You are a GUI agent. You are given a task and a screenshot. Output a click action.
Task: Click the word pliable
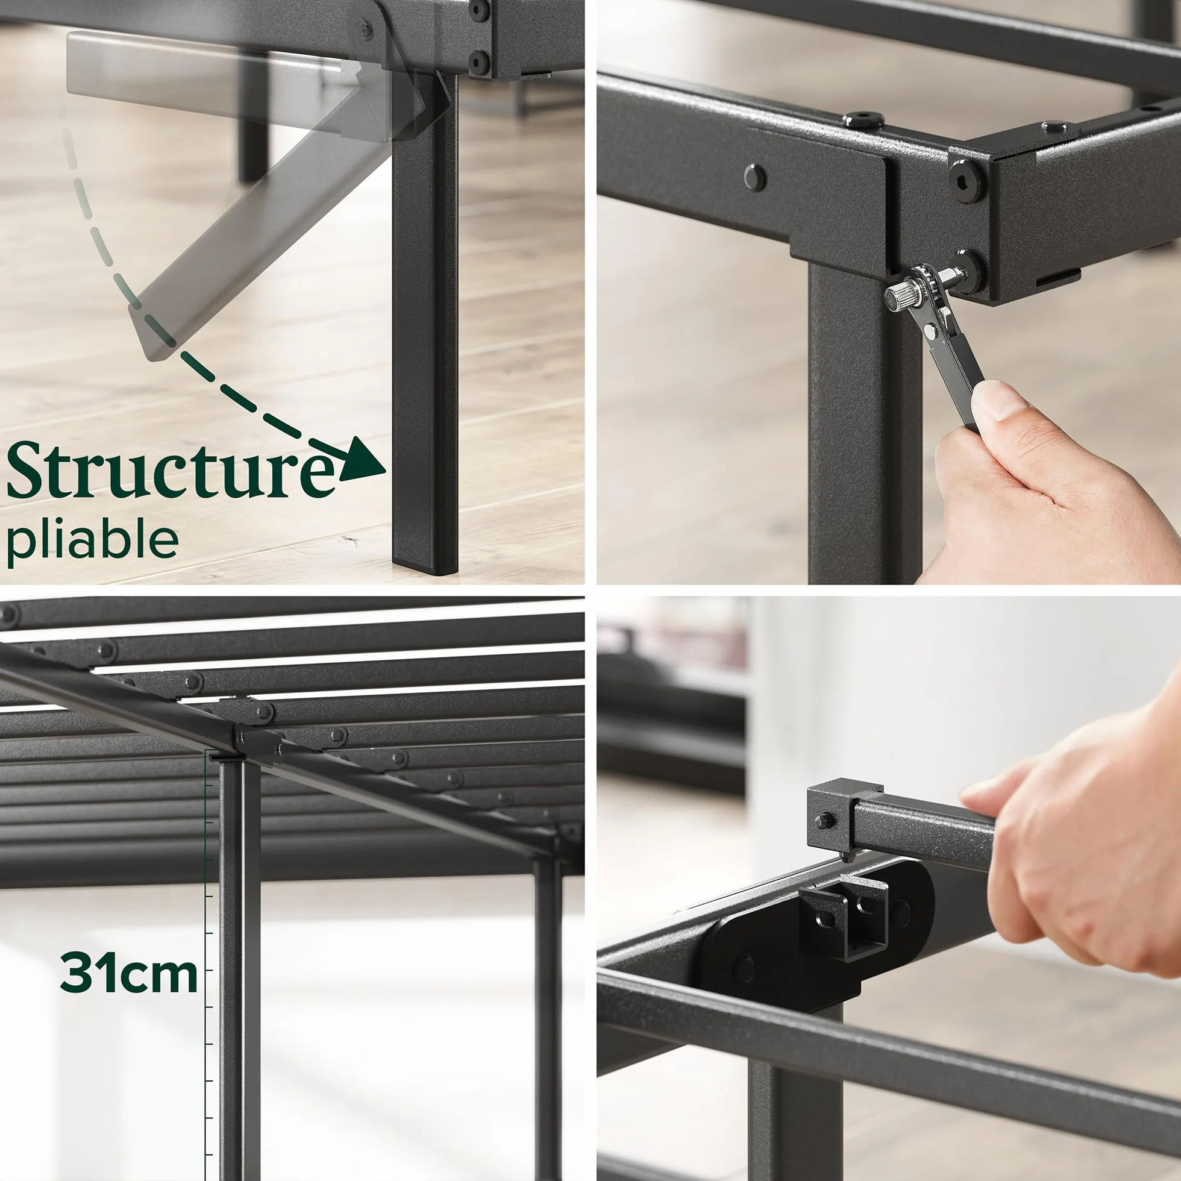tap(93, 539)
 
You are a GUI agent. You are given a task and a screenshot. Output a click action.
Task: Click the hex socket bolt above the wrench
tap(967, 178)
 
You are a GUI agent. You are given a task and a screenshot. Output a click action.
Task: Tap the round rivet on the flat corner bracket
tap(755, 177)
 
